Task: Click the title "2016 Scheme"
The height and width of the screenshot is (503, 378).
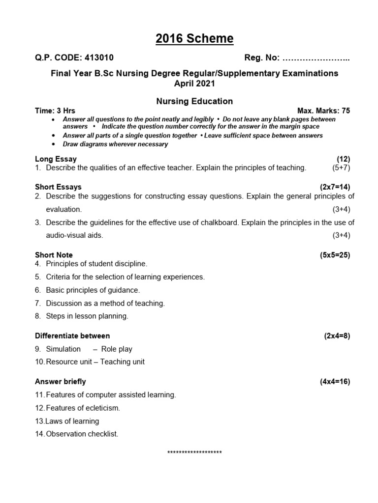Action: coord(195,39)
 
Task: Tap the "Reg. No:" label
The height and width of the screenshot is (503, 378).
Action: coord(262,58)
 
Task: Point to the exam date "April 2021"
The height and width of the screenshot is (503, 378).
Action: coord(195,84)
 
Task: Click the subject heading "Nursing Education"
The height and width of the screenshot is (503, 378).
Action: coord(194,101)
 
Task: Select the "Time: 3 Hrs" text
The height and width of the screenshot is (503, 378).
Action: coord(55,111)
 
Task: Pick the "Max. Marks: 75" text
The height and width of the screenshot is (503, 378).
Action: coord(323,111)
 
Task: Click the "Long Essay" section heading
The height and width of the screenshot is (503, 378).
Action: coord(56,159)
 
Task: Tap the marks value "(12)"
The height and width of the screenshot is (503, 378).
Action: coord(343,159)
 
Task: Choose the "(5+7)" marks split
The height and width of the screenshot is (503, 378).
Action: coord(341,168)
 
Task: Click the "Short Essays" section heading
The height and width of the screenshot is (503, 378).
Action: coord(58,187)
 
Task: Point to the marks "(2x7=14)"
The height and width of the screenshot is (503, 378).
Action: coord(335,187)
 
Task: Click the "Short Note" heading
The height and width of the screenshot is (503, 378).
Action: coord(54,255)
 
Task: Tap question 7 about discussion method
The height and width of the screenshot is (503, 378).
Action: coord(105,303)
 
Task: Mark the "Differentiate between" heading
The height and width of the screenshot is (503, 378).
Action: coord(72,336)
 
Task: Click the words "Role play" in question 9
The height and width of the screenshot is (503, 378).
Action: coord(117,349)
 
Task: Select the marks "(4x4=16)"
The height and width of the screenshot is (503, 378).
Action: coord(335,382)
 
